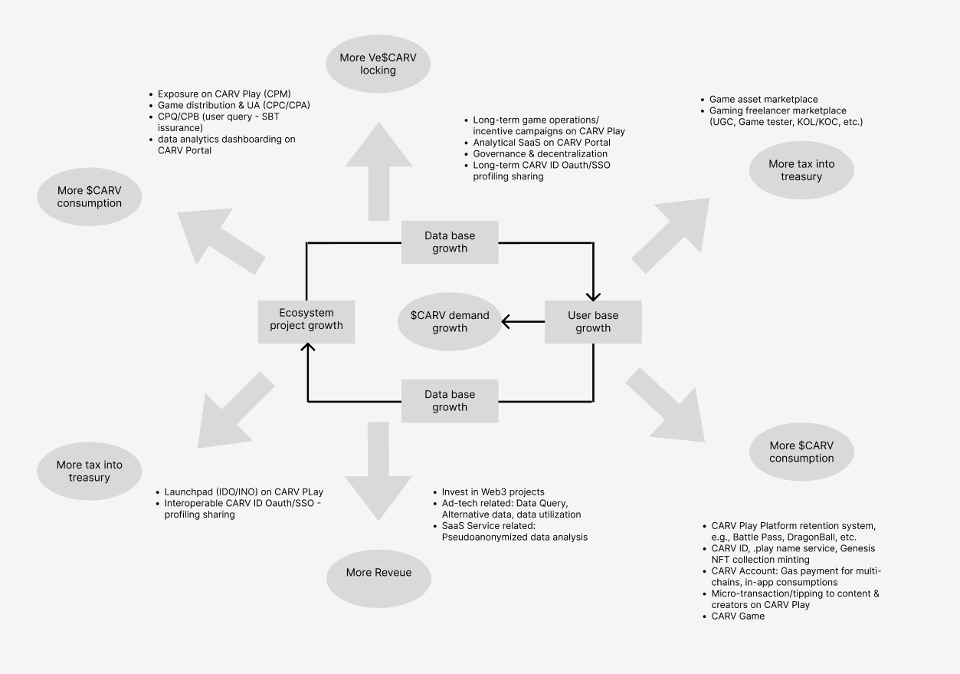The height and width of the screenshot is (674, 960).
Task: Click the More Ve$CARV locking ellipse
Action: [x=378, y=64]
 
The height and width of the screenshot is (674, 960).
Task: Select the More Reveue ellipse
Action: [x=378, y=573]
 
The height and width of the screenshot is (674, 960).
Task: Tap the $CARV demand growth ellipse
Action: [x=449, y=322]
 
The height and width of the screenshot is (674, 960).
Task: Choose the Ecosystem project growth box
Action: [x=306, y=319]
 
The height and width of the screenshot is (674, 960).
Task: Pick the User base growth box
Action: [x=593, y=322]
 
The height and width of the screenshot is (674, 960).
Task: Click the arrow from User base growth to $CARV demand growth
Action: [x=523, y=322]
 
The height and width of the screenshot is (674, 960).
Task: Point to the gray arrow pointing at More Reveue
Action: [x=378, y=472]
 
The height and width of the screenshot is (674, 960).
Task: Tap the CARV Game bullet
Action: [x=738, y=616]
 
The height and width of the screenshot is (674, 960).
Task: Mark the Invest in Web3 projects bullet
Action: [x=493, y=492]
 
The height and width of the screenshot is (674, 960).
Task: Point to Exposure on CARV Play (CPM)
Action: [x=224, y=94]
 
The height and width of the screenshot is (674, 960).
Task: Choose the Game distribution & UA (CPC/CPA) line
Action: [x=234, y=105]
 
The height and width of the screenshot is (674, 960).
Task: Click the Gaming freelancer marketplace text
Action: [x=778, y=110]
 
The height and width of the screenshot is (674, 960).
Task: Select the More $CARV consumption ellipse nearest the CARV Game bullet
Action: [x=801, y=452]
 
